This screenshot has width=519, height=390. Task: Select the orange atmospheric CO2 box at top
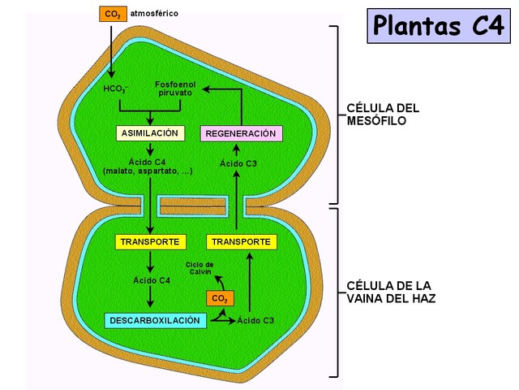tap(112, 14)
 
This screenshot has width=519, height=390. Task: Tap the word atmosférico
tap(154, 14)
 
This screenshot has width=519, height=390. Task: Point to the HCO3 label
tap(116, 88)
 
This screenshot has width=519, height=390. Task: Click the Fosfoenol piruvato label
tap(174, 88)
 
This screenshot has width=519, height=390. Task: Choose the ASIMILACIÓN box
tap(150, 133)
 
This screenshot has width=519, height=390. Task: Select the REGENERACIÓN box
tap(240, 133)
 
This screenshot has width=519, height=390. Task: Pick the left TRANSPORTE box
tap(148, 242)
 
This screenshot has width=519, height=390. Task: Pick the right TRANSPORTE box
tap(242, 242)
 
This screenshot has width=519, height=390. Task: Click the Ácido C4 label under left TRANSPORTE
tap(152, 281)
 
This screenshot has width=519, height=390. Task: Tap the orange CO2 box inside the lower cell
tap(218, 299)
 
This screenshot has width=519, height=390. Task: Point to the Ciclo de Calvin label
tap(199, 268)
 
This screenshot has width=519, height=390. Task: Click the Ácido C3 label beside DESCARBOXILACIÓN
tap(255, 321)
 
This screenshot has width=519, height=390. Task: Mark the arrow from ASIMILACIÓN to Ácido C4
tap(149, 149)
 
